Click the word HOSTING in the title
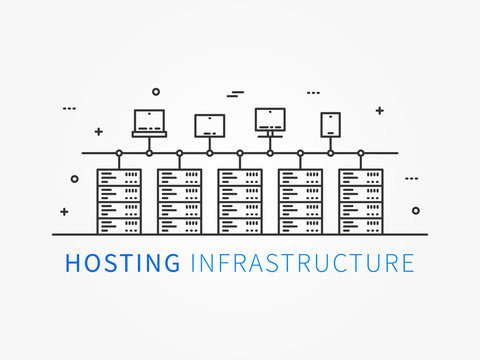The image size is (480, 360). pyautogui.click(x=123, y=263)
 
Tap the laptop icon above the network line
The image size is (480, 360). pyautogui.click(x=149, y=122)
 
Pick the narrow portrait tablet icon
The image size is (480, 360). pyautogui.click(x=331, y=124)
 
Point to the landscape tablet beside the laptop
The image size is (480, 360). pyautogui.click(x=210, y=125)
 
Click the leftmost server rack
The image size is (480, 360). pyautogui.click(x=119, y=200)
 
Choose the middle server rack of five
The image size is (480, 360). pyautogui.click(x=240, y=200)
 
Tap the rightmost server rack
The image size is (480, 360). pyautogui.click(x=360, y=200)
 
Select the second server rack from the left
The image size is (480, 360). pyautogui.click(x=179, y=200)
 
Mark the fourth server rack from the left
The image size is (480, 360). pyautogui.click(x=300, y=200)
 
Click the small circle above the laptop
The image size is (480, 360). pyautogui.click(x=156, y=91)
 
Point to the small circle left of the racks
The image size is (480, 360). pyautogui.click(x=74, y=179)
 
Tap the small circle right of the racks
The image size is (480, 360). pyautogui.click(x=416, y=211)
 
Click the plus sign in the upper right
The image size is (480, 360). pyautogui.click(x=379, y=110)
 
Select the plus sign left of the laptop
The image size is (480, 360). pyautogui.click(x=98, y=131)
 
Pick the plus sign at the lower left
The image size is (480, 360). pyautogui.click(x=64, y=212)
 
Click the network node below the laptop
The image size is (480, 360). pyautogui.click(x=149, y=153)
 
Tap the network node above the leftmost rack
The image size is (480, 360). pyautogui.click(x=119, y=153)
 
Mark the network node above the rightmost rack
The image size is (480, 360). pyautogui.click(x=360, y=153)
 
